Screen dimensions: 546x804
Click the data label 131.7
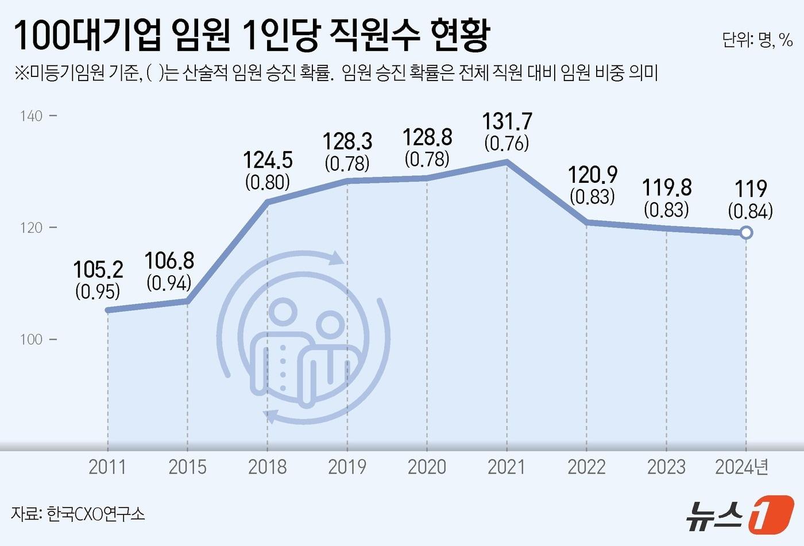click(x=507, y=122)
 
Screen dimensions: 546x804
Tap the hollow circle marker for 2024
click(x=746, y=233)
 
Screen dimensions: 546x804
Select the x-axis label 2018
click(x=267, y=467)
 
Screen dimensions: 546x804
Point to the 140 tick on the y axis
click(x=32, y=116)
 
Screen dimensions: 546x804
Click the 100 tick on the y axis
click(x=32, y=339)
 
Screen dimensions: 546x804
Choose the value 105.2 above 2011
click(x=98, y=270)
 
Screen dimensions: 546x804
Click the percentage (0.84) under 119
click(x=750, y=211)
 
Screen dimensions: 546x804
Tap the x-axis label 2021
click(x=507, y=467)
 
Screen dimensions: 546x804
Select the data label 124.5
click(x=268, y=160)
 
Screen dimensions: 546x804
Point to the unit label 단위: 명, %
click(x=757, y=40)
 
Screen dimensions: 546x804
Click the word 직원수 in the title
click(x=368, y=36)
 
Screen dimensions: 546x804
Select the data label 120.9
click(x=593, y=175)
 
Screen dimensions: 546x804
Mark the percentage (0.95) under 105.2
click(x=98, y=291)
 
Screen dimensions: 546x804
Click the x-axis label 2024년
click(x=741, y=467)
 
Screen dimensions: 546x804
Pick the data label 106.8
click(x=169, y=261)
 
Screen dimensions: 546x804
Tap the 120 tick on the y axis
click(x=32, y=228)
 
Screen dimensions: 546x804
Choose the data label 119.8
click(x=667, y=188)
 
